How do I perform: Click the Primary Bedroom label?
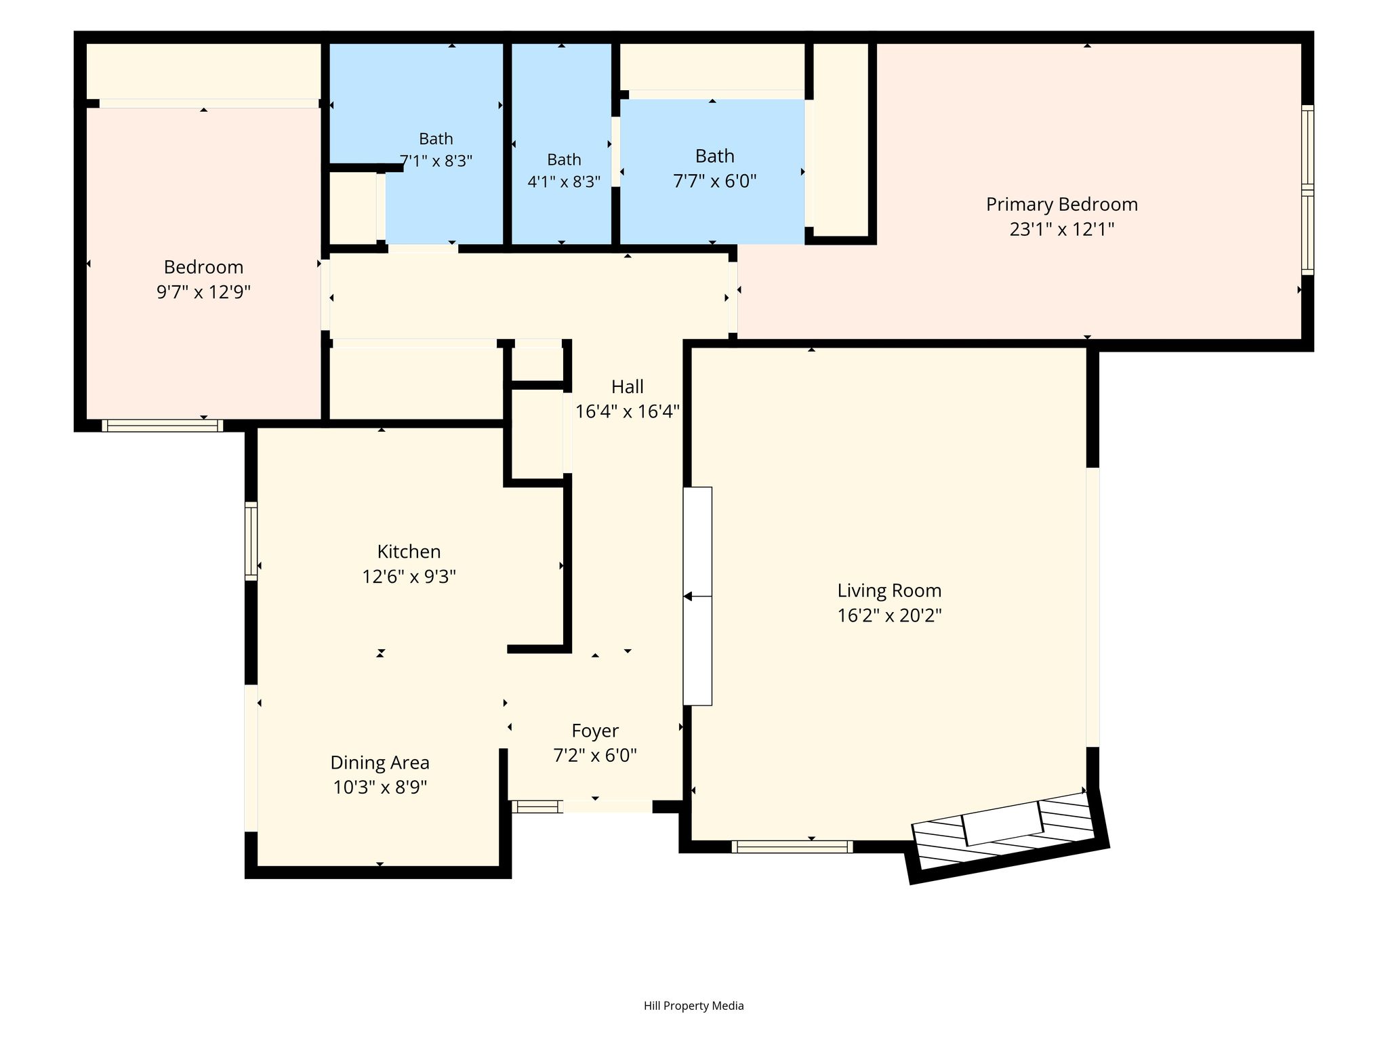(x=1061, y=205)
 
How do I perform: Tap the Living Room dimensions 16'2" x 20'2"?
(x=889, y=615)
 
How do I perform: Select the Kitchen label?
(x=409, y=551)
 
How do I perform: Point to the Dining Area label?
(x=380, y=762)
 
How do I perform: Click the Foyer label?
(x=595, y=731)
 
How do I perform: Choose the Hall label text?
(x=628, y=386)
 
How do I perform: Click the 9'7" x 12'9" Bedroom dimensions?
(x=203, y=292)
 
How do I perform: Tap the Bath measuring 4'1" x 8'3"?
(x=564, y=159)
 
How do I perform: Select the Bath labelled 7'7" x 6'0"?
(x=715, y=156)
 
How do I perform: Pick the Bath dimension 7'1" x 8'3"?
(x=436, y=161)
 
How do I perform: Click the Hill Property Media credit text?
(x=694, y=1006)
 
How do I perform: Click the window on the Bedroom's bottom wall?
(x=163, y=426)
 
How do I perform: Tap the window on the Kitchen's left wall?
(x=251, y=541)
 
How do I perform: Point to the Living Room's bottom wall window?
(x=792, y=846)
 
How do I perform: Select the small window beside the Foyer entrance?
(x=537, y=807)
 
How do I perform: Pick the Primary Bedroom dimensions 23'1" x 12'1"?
(x=1061, y=230)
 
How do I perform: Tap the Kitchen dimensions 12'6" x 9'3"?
(x=409, y=577)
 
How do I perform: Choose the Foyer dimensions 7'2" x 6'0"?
(x=595, y=756)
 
